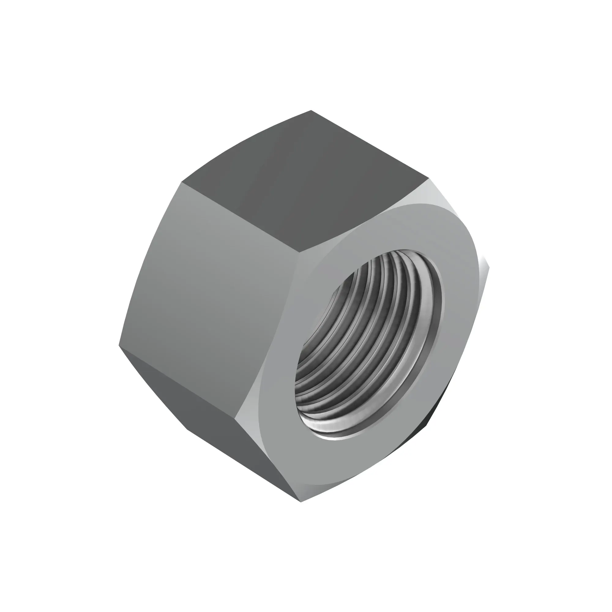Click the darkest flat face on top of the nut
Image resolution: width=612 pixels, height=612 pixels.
[x=304, y=184]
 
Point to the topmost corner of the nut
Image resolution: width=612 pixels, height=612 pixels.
[x=311, y=110]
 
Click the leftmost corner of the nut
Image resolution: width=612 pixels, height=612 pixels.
[x=119, y=345]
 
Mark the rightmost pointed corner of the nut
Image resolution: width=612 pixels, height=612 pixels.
[x=489, y=268]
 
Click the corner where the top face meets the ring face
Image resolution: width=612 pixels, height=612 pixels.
[x=300, y=252]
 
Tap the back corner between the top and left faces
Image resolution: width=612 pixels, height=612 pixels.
[x=182, y=182]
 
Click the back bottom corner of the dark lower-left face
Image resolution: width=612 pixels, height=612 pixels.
[x=188, y=430]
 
